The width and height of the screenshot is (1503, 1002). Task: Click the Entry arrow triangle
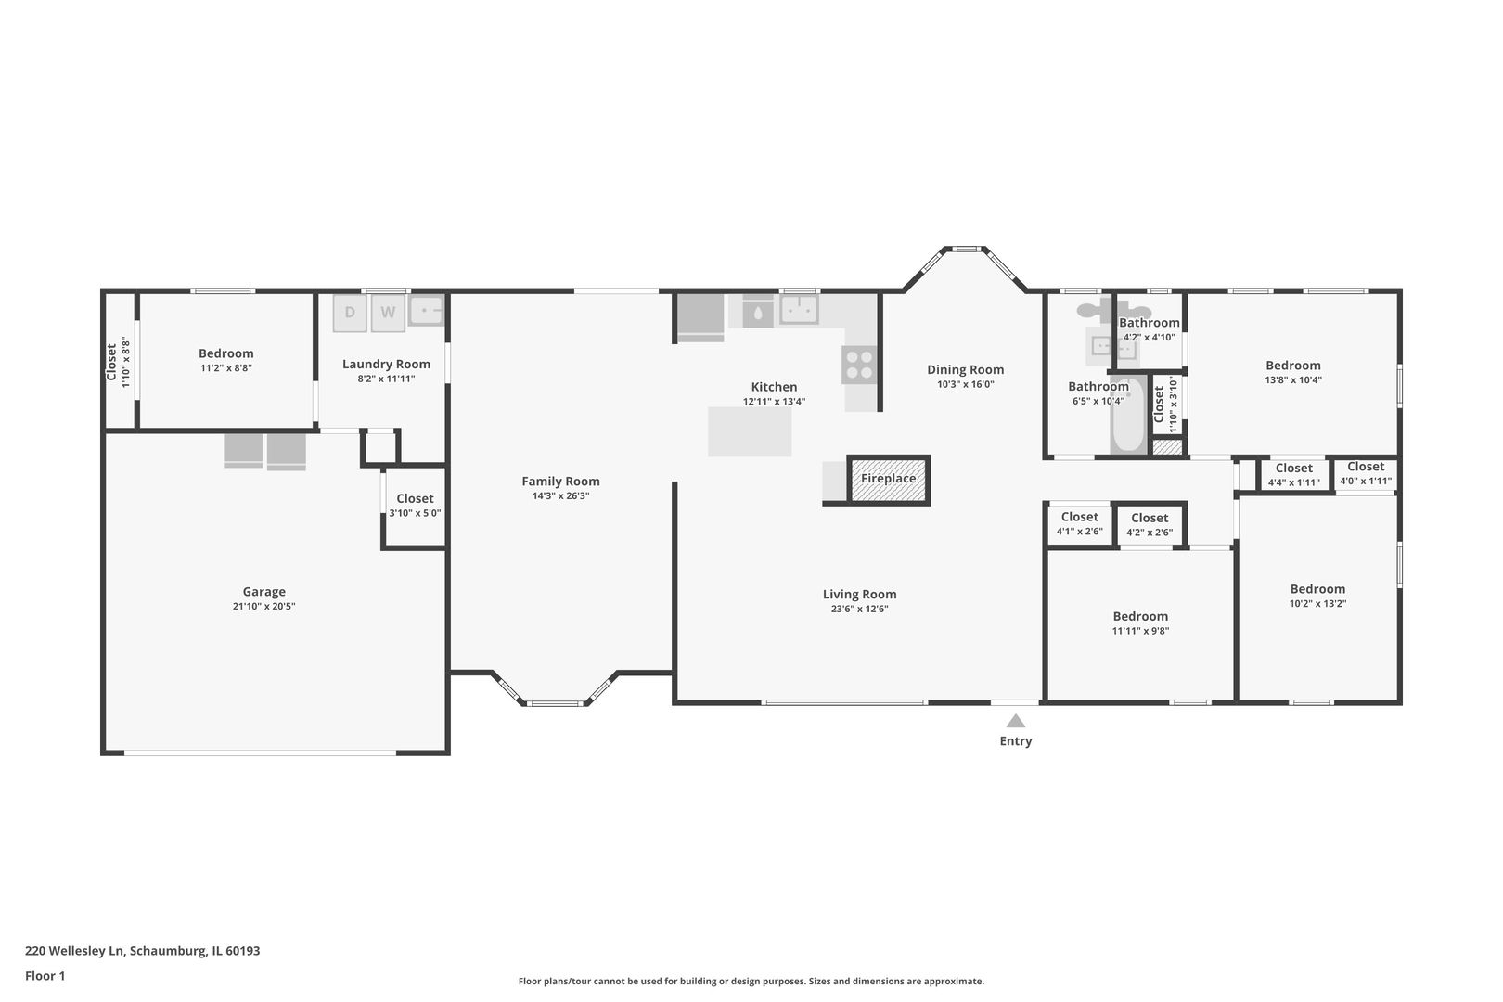click(1016, 721)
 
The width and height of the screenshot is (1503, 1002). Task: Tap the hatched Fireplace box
click(889, 480)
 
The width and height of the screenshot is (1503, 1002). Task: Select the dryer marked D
click(350, 313)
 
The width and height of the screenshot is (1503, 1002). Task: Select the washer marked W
click(388, 313)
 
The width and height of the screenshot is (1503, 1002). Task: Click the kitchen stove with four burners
click(859, 364)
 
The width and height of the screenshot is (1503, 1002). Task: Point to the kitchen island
click(750, 431)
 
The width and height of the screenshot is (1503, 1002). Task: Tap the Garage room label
click(264, 592)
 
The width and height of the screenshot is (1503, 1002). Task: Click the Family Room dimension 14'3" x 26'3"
click(560, 496)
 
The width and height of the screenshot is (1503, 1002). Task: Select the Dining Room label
click(965, 369)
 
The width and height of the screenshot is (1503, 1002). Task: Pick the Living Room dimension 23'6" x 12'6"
click(859, 610)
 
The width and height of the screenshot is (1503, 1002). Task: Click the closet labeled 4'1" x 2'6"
click(1079, 524)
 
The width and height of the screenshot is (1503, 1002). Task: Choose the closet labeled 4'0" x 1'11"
click(1366, 473)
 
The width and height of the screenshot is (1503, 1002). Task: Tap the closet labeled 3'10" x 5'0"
click(415, 506)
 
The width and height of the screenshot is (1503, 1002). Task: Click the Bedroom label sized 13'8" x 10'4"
click(1292, 366)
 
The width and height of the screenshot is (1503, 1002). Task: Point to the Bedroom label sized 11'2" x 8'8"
click(225, 353)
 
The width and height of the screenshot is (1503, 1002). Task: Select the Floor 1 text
click(45, 976)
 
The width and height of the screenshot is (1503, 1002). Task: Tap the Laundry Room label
click(386, 364)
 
